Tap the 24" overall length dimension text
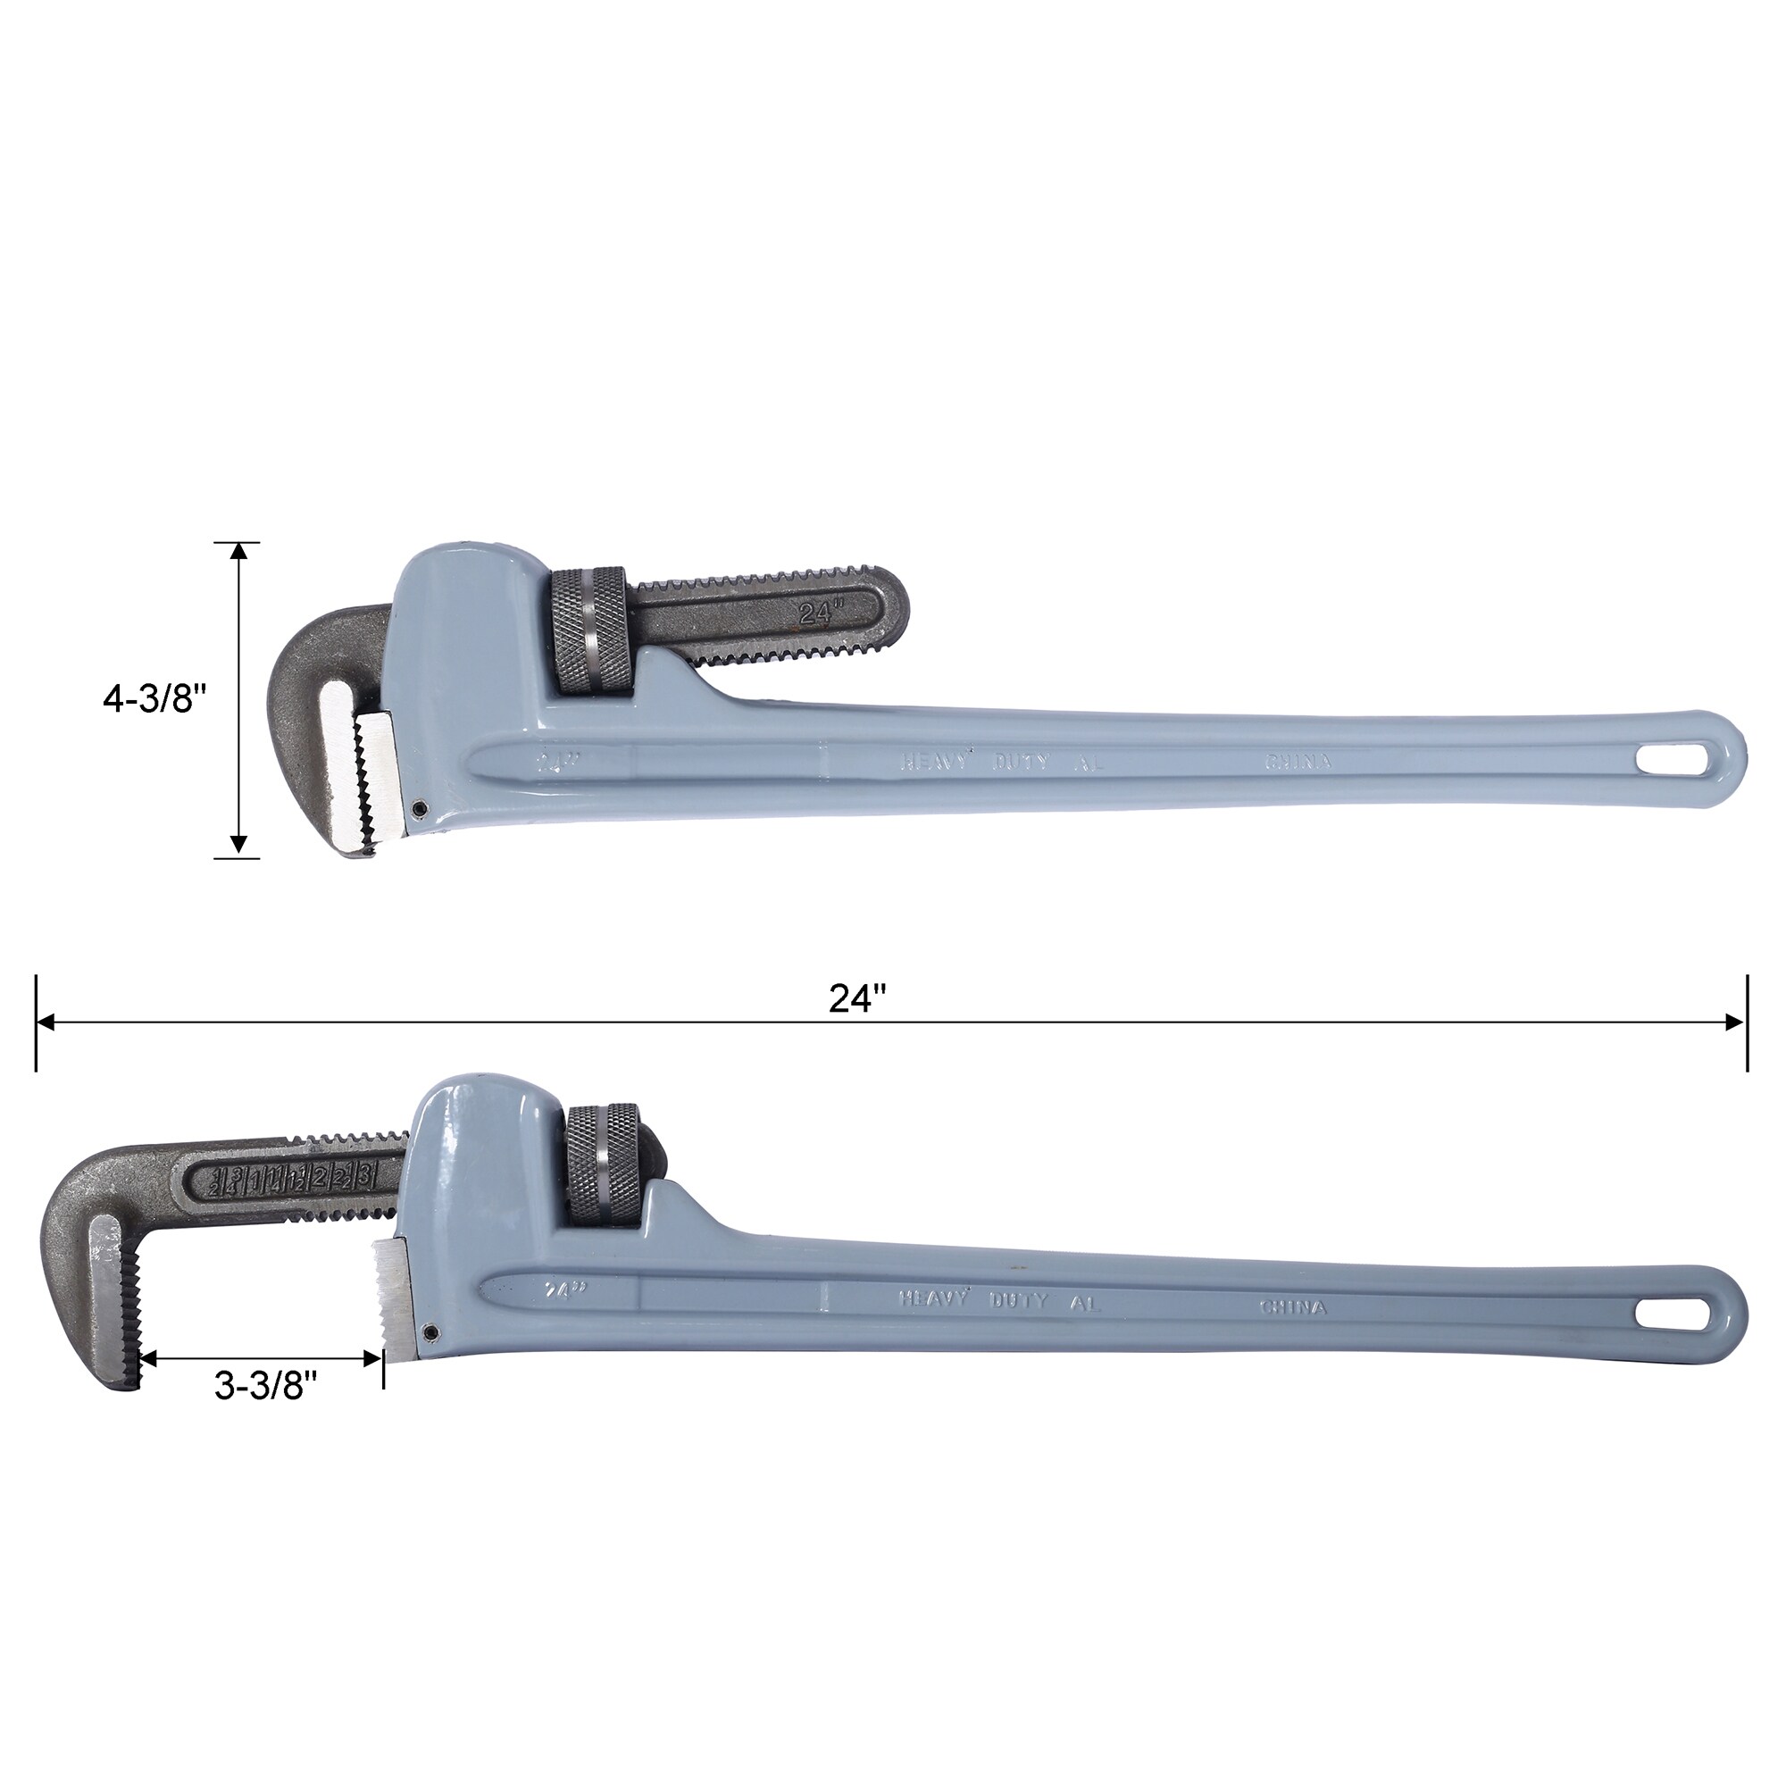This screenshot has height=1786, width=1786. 857,998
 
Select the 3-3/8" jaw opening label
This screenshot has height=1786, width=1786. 265,1386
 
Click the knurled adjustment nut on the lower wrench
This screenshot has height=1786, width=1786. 603,1164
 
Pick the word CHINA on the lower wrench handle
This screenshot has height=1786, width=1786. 1292,1308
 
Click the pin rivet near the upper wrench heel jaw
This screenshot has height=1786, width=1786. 420,808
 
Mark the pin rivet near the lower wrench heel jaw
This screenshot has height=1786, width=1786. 429,1332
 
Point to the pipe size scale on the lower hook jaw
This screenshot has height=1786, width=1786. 294,1178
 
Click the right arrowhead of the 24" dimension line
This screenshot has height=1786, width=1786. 1734,1022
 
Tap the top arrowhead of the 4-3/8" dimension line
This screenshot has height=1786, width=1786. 238,552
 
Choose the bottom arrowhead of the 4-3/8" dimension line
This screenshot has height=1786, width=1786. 238,844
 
